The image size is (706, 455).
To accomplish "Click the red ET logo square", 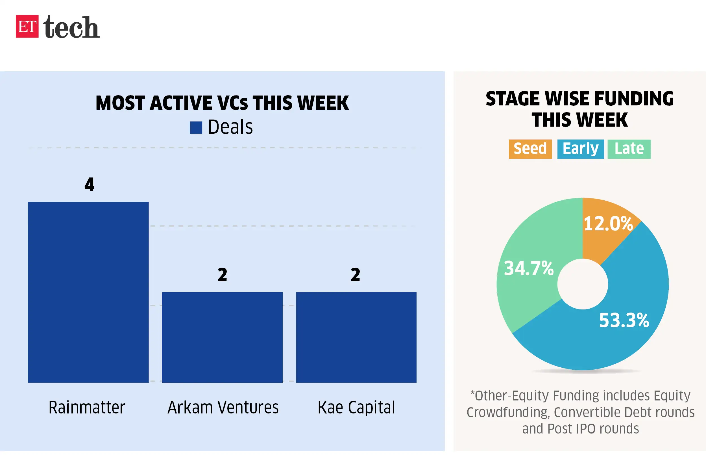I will tap(27, 26).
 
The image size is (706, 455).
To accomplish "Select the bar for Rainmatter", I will tap(88, 292).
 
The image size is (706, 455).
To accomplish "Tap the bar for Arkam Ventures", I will tap(222, 337).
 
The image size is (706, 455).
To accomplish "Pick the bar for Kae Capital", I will tap(356, 337).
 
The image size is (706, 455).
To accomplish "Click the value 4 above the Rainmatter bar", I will tap(90, 184).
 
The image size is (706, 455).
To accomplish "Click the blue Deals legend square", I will tap(196, 128).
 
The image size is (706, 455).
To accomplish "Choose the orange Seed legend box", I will tap(530, 149).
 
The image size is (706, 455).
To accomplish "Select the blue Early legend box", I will tap(580, 149).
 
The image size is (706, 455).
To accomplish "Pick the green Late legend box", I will tap(629, 149).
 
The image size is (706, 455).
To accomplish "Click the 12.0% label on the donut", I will tap(608, 224).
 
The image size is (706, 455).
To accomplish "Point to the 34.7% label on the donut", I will tap(529, 268).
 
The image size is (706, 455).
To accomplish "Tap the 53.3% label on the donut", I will tap(624, 320).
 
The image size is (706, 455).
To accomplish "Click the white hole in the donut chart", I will tap(583, 284).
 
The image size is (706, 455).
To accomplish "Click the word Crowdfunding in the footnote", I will tap(507, 412).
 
